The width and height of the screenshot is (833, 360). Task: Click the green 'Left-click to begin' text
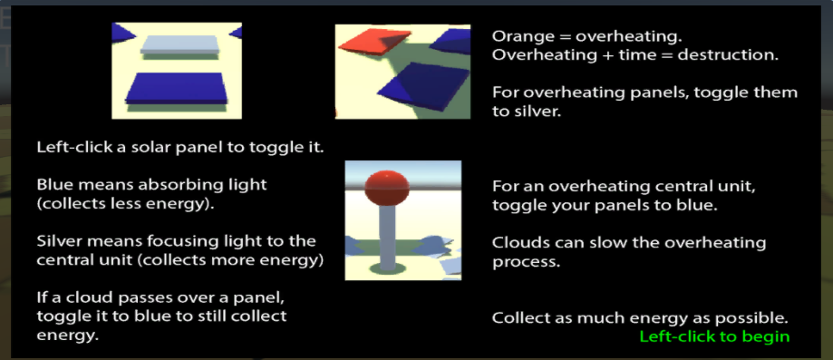click(x=714, y=336)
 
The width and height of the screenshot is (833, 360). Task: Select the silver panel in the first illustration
click(x=179, y=44)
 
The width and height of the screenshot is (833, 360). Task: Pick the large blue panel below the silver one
click(x=177, y=88)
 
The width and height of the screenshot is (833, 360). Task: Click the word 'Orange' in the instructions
click(x=519, y=36)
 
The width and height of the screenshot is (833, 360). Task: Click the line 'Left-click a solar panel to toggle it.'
click(x=180, y=147)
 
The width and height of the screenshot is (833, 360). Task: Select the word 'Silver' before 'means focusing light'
click(x=57, y=241)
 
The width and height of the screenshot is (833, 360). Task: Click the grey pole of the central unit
click(x=387, y=235)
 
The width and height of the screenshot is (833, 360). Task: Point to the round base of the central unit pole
click(x=387, y=268)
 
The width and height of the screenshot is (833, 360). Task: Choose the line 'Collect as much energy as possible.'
click(x=640, y=318)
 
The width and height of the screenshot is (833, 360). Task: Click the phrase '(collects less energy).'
click(x=125, y=204)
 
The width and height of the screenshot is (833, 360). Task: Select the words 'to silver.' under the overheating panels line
click(x=527, y=112)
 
